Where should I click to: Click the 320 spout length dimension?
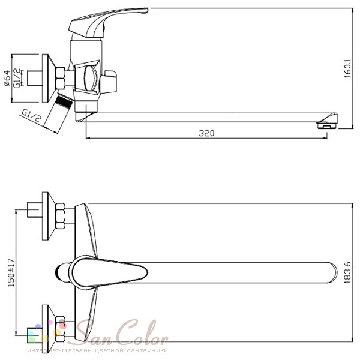click(206, 133)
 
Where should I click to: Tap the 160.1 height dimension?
click(348, 68)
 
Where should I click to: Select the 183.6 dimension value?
click(348, 272)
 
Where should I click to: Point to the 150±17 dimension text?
click(11, 272)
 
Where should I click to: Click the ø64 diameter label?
click(7, 78)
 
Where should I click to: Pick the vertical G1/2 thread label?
click(17, 78)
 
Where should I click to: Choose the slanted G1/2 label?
click(32, 115)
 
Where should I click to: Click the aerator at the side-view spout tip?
click(326, 124)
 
